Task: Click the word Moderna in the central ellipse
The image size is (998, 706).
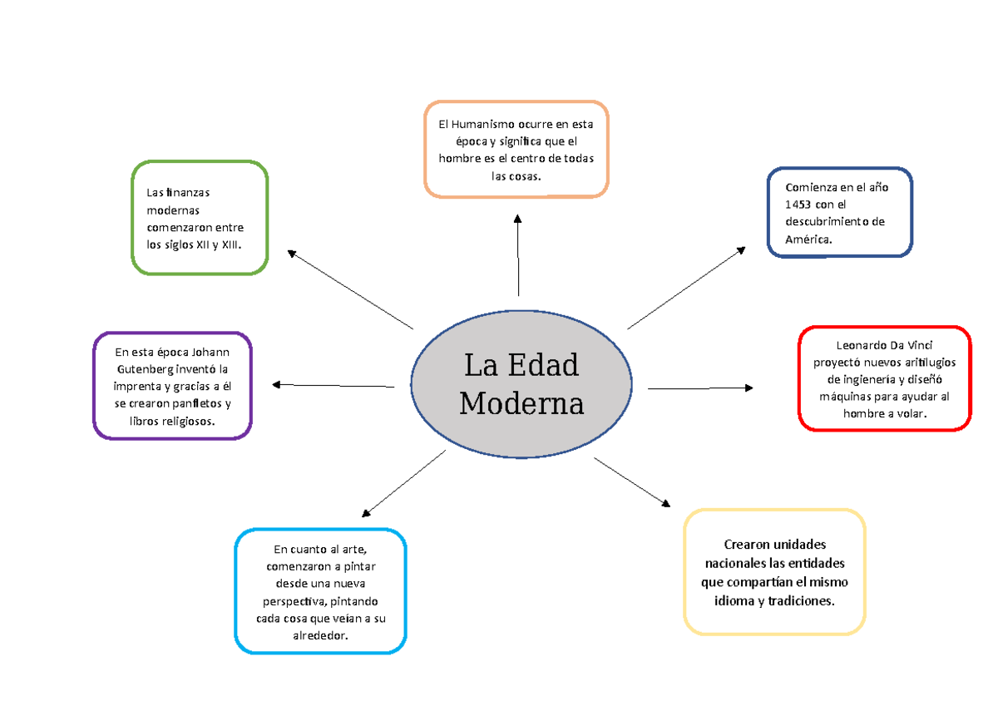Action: point(521,404)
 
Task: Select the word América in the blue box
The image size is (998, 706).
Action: point(807,239)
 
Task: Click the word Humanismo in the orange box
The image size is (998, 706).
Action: point(494,125)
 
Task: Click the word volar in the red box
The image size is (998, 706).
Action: point(907,412)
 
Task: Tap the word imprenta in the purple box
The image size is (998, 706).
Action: point(139,387)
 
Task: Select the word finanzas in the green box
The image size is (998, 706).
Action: point(188,193)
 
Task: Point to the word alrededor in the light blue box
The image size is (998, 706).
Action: point(319,635)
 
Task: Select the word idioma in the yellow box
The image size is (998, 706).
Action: point(734,600)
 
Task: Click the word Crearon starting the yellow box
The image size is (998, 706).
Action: point(747,545)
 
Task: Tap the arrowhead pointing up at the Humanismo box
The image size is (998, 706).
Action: point(518,219)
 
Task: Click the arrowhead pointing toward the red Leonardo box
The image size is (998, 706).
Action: point(748,388)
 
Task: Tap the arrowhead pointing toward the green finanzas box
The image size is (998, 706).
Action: point(292,254)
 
